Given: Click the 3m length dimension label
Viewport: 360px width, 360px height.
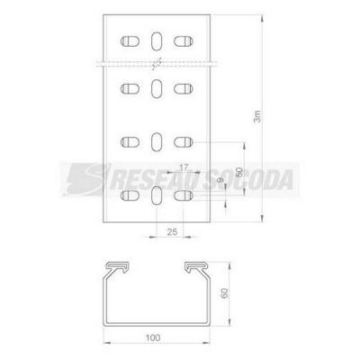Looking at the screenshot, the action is [258, 116].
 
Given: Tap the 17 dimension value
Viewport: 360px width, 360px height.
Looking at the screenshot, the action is [184, 167].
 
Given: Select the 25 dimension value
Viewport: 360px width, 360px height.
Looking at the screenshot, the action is [172, 231].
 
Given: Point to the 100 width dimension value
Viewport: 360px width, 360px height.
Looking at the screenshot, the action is [153, 337].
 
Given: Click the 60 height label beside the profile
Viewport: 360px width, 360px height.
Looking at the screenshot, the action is [224, 292].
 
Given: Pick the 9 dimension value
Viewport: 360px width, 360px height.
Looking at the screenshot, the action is [220, 180].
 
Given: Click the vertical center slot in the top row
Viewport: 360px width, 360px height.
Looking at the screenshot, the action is [157, 40].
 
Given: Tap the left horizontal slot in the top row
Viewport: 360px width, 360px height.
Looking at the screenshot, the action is [130, 41].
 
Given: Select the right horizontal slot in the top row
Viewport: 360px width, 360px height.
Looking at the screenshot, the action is [184, 41].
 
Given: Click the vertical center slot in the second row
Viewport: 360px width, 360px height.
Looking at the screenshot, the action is [157, 88].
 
